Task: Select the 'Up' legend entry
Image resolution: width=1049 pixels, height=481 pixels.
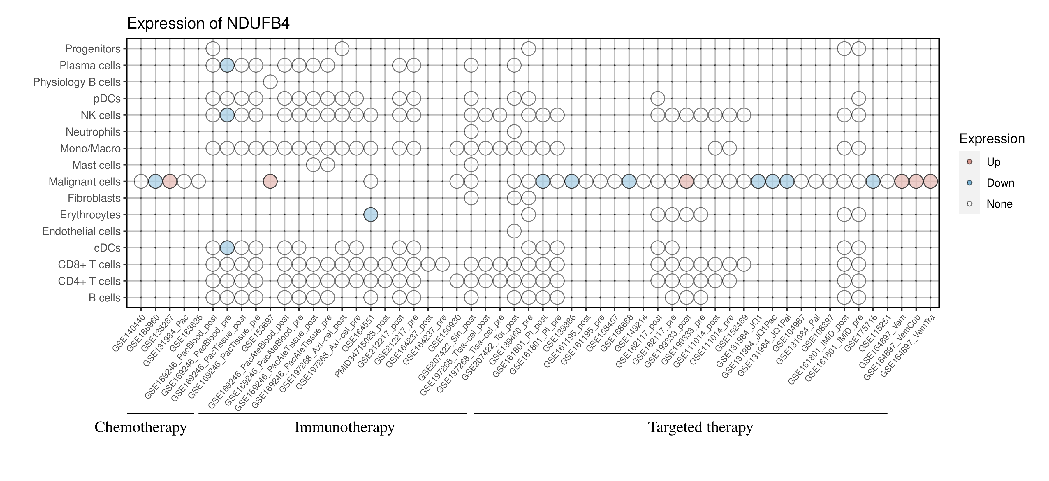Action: point(993,162)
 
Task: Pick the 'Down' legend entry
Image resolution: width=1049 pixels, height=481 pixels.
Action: point(1000,183)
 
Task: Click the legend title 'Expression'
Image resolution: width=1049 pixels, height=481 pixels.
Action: point(992,139)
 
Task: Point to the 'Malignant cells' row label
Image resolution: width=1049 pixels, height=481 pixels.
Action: point(85,182)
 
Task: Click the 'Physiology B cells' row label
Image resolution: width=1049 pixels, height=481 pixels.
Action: point(77,82)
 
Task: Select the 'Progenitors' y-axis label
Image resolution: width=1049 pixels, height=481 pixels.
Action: point(93,49)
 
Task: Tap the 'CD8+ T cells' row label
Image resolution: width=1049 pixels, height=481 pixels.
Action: point(89,265)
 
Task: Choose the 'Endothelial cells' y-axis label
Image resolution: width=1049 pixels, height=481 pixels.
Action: point(82,231)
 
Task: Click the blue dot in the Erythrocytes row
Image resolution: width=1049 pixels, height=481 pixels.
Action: point(371,215)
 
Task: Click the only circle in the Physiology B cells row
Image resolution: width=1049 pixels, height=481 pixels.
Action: point(270,82)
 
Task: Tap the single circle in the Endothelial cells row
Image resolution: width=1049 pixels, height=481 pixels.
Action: point(514,231)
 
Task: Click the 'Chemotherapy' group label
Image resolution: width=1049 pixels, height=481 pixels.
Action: point(140,427)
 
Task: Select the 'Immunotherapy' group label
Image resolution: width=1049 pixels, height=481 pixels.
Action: point(344,427)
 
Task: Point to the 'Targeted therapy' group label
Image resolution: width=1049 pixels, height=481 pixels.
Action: point(700,427)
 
